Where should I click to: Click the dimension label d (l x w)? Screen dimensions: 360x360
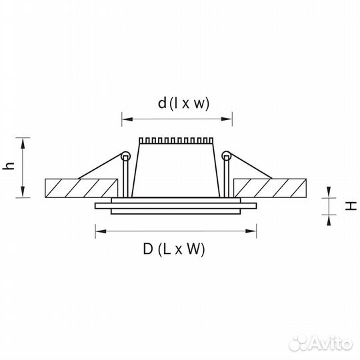[x=184, y=103]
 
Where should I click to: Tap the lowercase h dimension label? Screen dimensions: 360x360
[x=9, y=166]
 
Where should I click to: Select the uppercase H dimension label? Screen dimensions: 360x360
[x=351, y=206]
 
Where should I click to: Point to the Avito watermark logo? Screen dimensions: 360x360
[x=320, y=343]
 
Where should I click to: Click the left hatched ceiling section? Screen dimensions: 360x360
[x=81, y=188]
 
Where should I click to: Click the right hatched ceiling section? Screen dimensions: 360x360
[x=270, y=188]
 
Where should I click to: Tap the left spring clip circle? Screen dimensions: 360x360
[x=125, y=156]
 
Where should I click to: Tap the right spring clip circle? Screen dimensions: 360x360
[x=227, y=156]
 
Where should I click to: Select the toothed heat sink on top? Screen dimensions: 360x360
[x=176, y=141]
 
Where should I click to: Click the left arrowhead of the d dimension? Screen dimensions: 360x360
[x=127, y=119]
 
